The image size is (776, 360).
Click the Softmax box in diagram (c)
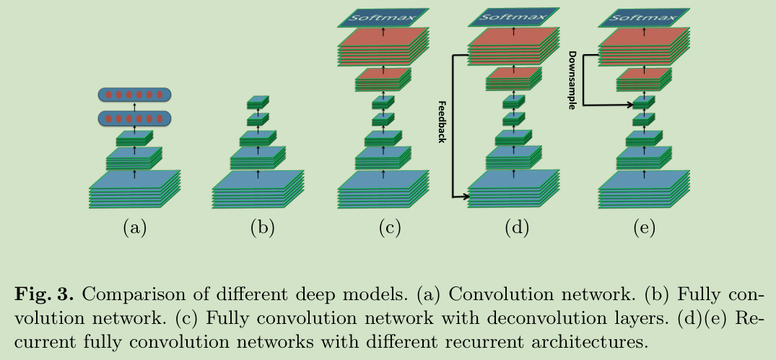[x=383, y=18]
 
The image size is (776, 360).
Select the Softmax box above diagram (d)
[x=514, y=17]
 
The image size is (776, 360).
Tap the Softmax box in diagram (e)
[x=644, y=18]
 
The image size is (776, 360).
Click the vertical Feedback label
[x=443, y=122]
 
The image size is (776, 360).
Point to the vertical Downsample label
[x=572, y=80]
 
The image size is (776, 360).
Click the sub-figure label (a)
[x=134, y=227]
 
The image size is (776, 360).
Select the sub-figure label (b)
[x=262, y=227]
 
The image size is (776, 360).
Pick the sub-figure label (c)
[x=390, y=227]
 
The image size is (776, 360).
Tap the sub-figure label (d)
[x=517, y=227]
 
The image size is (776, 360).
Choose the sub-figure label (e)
[x=645, y=227]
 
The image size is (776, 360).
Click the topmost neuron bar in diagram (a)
[x=134, y=95]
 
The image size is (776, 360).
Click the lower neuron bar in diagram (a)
[x=134, y=118]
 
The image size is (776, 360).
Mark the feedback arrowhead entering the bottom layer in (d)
[x=463, y=197]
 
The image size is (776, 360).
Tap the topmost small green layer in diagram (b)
[x=258, y=102]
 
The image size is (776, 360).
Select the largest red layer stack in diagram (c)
[x=383, y=46]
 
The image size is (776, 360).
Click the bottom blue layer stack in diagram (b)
[x=258, y=189]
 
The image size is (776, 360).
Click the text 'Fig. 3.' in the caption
[x=45, y=295]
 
